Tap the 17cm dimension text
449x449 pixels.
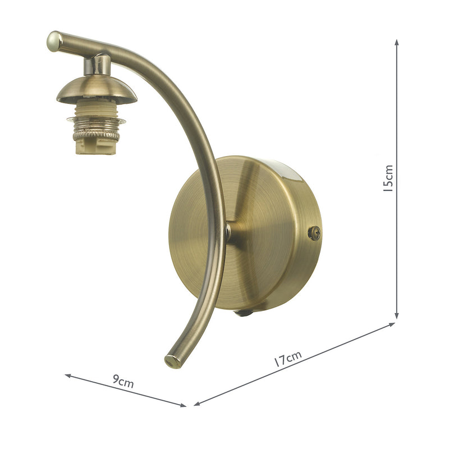(288, 359)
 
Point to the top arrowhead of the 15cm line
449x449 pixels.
(397, 43)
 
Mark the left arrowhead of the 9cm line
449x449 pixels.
(67, 375)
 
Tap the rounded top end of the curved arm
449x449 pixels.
(54, 40)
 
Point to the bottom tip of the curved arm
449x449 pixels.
(171, 361)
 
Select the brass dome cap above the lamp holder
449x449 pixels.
(96, 90)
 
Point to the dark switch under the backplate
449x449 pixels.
(242, 313)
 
